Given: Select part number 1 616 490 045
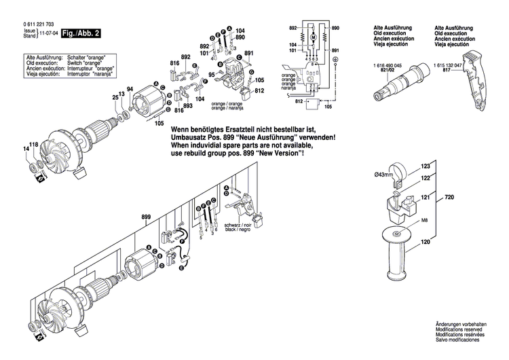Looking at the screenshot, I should (x=388, y=65).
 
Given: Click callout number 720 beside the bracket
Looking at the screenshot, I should (x=449, y=196).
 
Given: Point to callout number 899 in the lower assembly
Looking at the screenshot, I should (x=145, y=217).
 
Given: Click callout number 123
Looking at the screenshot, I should (x=426, y=166).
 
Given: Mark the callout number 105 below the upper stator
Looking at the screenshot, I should (x=159, y=123).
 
